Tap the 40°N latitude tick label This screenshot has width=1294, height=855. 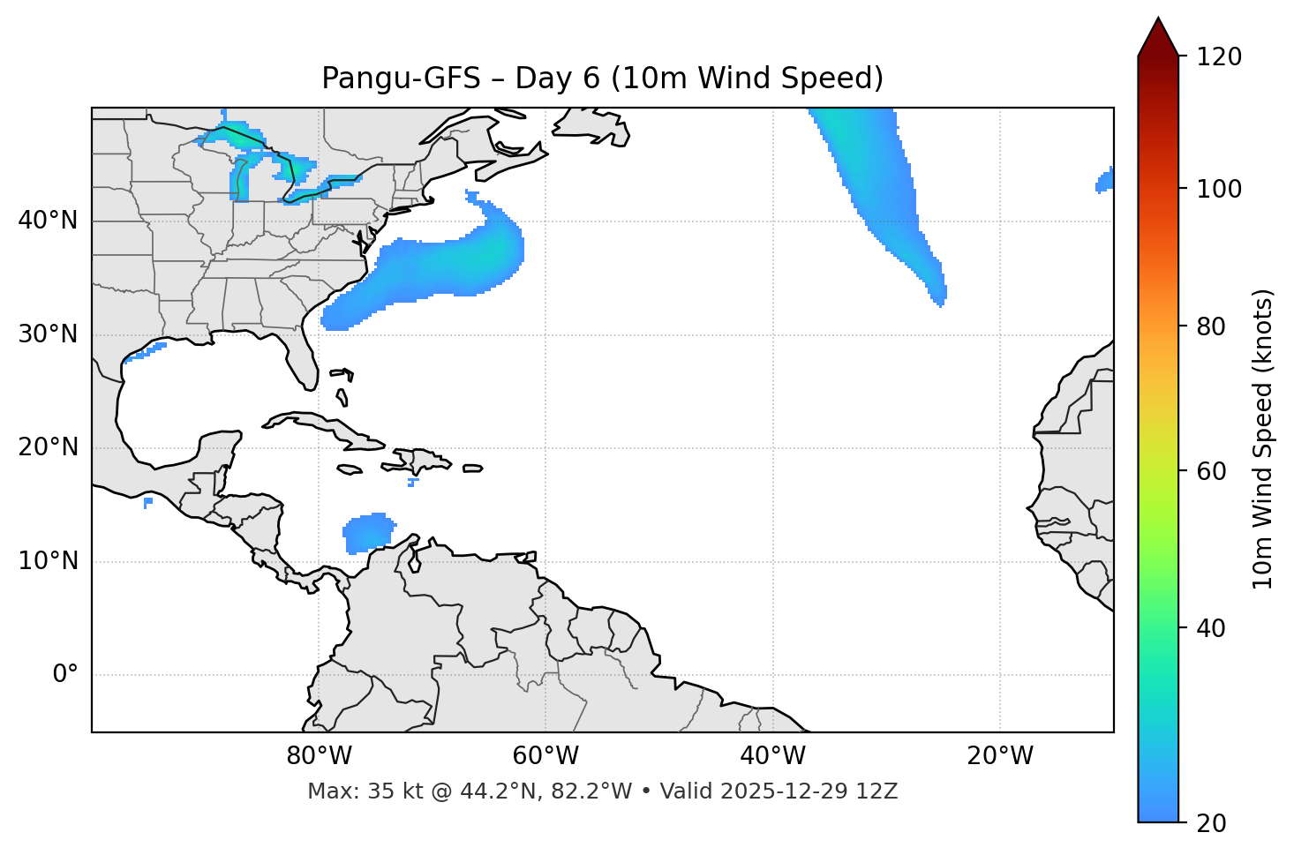pos(48,221)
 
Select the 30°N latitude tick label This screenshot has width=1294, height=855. pos(48,334)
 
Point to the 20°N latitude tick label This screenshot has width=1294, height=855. pos(48,447)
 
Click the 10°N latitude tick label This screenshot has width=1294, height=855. pos(48,561)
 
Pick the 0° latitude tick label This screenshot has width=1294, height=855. pos(65,675)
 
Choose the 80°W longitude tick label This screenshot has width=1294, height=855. pos(319,756)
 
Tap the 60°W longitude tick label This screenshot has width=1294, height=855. pos(545,756)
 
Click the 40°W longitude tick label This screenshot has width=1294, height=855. pos(772,756)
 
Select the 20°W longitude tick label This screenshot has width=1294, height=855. pos(999,756)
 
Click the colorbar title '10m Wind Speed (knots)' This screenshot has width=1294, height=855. pos(1263,439)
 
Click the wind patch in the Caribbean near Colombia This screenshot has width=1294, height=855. pos(369,533)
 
